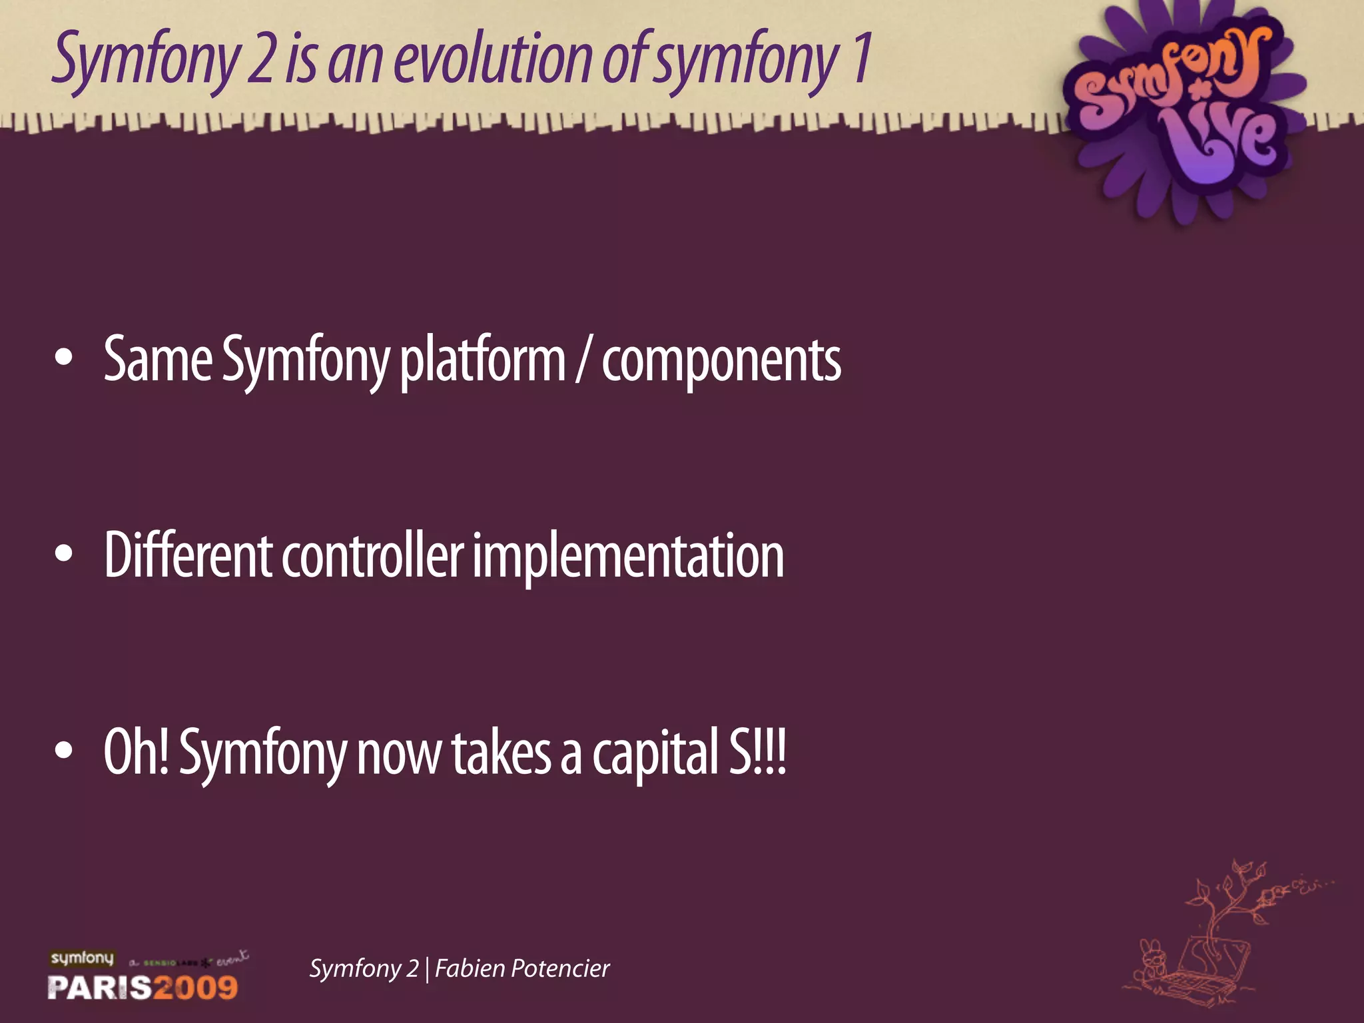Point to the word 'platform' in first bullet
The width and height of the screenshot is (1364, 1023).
coord(482,360)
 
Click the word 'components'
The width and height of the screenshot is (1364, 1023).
coord(721,360)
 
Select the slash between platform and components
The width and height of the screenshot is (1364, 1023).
coord(583,360)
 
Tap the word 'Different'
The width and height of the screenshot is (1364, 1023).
coord(188,555)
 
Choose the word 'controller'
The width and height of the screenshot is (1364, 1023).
coord(372,555)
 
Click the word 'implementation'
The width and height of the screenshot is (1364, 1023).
coord(628,555)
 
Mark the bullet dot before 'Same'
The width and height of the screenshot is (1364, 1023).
coord(64,358)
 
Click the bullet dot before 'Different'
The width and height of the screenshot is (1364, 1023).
coord(64,553)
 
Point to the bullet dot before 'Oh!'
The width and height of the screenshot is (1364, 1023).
coord(64,750)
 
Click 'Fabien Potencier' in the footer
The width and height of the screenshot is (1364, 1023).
coord(522,968)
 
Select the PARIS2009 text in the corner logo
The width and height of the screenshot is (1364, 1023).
coord(143,987)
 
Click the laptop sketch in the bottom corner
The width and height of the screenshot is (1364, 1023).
coord(1199,966)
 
